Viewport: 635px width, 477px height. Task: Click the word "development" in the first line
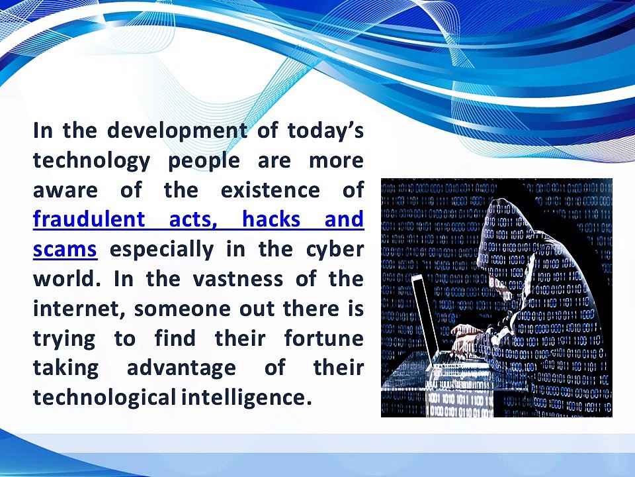pyautogui.click(x=177, y=131)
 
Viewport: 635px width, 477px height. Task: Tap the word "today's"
pyautogui.click(x=325, y=130)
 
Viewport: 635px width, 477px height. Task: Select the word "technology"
pyautogui.click(x=91, y=160)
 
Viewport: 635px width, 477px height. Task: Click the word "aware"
pyautogui.click(x=65, y=191)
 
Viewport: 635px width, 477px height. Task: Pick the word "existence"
pyautogui.click(x=270, y=189)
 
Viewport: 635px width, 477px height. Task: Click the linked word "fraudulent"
pyautogui.click(x=89, y=219)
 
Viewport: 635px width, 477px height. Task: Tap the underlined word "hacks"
pyautogui.click(x=271, y=219)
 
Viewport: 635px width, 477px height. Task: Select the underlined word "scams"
pyautogui.click(x=65, y=250)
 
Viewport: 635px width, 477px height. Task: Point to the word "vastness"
pyautogui.click(x=237, y=279)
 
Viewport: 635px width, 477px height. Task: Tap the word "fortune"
pyautogui.click(x=323, y=339)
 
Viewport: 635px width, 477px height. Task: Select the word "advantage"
pyautogui.click(x=181, y=368)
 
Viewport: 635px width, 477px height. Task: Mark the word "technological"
pyautogui.click(x=105, y=397)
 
